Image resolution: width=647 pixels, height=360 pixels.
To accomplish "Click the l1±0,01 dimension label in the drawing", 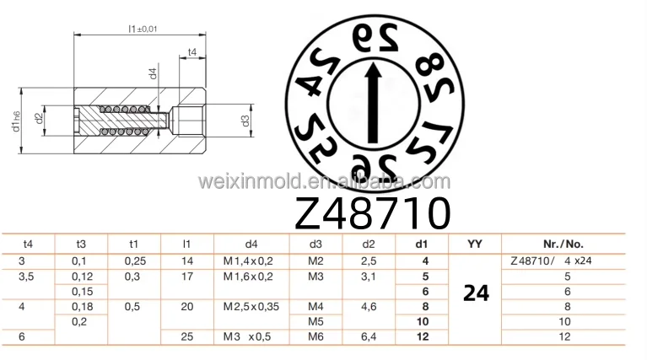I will (x=143, y=29).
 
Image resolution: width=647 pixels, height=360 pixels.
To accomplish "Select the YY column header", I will (x=476, y=244).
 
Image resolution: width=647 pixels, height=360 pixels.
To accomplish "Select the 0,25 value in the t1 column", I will (x=136, y=261).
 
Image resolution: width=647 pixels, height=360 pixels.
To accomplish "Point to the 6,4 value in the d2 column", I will (x=368, y=337).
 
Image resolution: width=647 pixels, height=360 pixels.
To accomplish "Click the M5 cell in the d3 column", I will (x=316, y=322).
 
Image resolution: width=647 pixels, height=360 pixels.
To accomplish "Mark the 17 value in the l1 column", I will (x=187, y=276).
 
